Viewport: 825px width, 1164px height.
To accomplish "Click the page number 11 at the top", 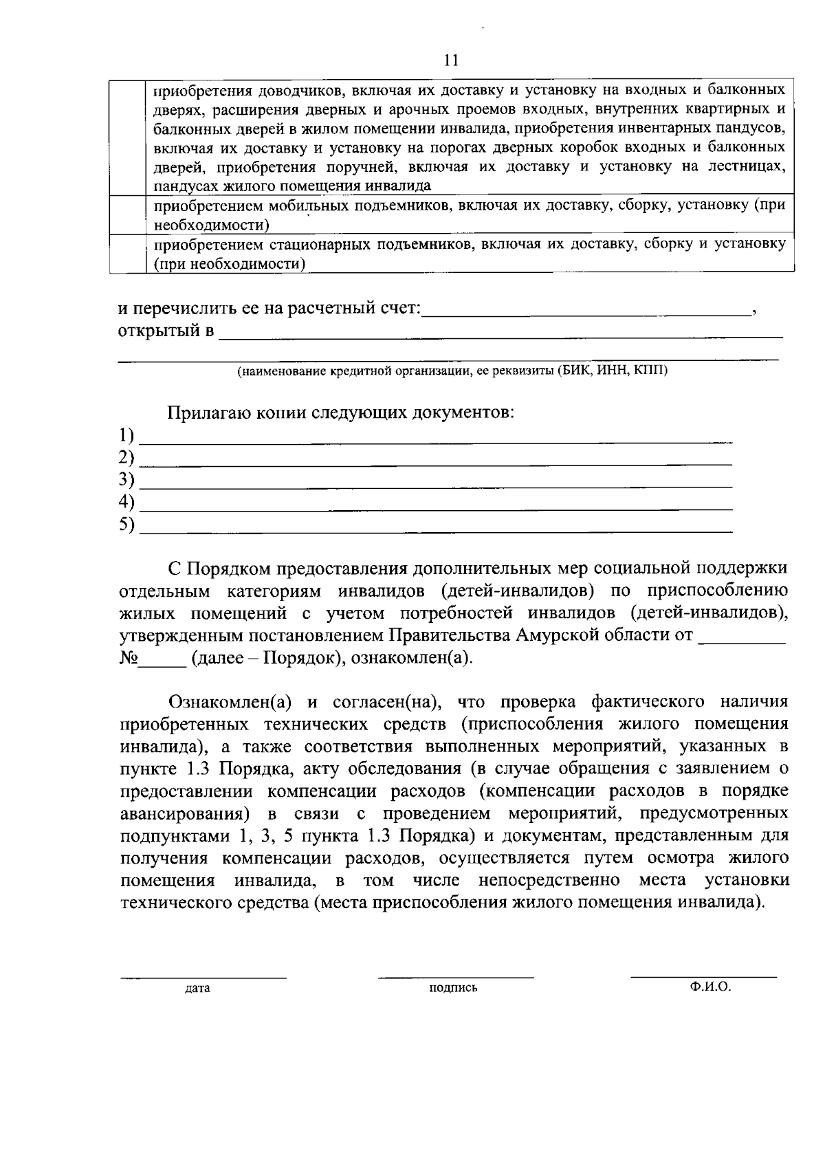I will tap(451, 61).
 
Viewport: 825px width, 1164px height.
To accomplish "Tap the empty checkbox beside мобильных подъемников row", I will tap(127, 215).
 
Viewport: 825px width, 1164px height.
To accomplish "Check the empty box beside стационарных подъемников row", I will tap(127, 254).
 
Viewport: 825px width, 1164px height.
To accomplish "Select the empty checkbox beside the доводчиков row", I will tap(127, 138).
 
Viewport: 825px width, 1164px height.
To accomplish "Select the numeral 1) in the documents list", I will tap(126, 435).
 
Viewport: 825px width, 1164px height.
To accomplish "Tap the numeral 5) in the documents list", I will tap(126, 525).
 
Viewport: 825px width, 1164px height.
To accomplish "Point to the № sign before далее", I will tap(129, 658).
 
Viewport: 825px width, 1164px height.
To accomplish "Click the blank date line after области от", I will tap(741, 639).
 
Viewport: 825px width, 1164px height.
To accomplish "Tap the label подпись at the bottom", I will tap(453, 989).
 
